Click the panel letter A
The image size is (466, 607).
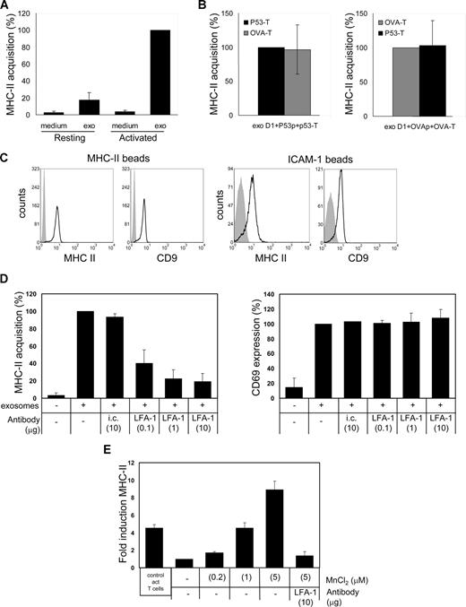tap(6, 7)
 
